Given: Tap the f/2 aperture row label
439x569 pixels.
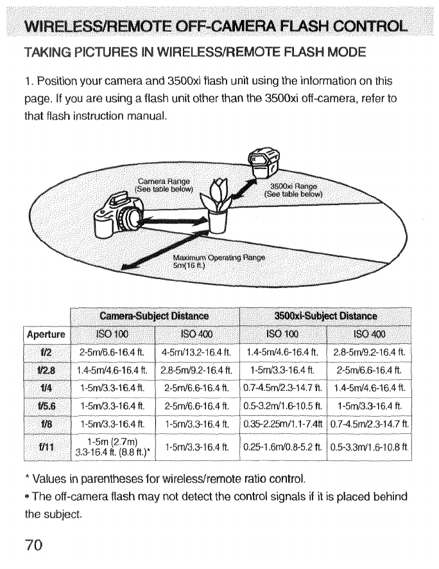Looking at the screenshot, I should coord(47,352).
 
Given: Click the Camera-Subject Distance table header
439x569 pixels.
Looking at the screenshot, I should coord(153,316).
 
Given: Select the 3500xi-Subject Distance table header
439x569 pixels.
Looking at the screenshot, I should coord(326,316).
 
